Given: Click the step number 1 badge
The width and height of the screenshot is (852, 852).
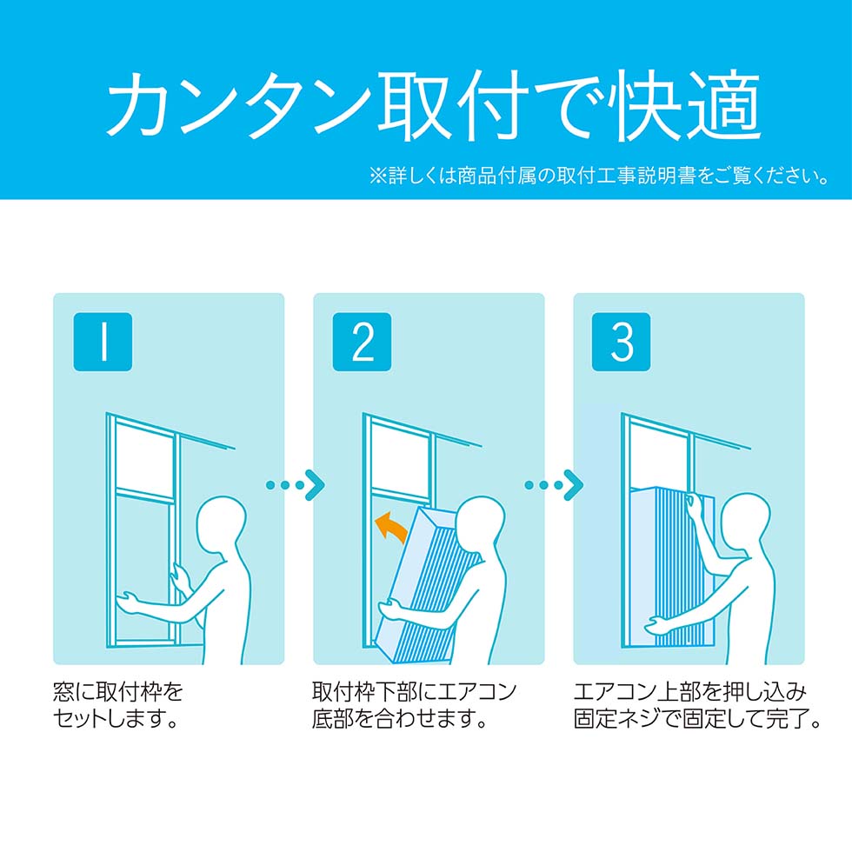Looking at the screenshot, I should pos(103,342).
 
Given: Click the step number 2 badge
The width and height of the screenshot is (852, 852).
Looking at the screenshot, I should pos(362,342).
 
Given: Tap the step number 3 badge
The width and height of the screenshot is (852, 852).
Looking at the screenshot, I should pos(621,342).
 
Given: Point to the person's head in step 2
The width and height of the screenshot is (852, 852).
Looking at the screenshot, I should pos(478,523).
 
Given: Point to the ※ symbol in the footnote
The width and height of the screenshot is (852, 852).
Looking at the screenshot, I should pos(376,176).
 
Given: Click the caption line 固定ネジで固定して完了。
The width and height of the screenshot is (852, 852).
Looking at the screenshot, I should pos(696,721).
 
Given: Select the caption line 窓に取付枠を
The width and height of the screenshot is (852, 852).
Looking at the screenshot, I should pos(118,692).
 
